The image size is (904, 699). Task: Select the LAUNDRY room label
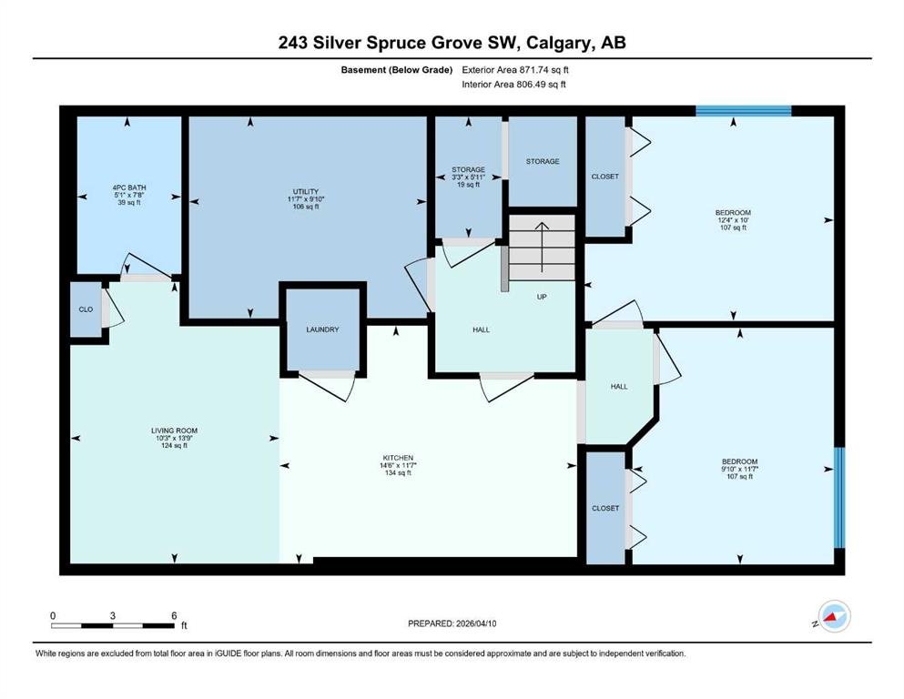(323, 329)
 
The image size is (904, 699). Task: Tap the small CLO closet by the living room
(86, 309)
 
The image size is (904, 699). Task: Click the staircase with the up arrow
(542, 248)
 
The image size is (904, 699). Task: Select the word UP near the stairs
(542, 297)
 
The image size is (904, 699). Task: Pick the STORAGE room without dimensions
(543, 161)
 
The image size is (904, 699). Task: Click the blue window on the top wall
(744, 111)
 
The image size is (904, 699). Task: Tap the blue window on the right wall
(839, 497)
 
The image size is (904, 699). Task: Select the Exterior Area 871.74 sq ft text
(515, 70)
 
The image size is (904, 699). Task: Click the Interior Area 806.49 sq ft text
(513, 84)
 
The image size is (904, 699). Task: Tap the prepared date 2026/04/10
(476, 623)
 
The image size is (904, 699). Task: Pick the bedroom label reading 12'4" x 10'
(734, 220)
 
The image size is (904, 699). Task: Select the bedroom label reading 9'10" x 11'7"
(740, 469)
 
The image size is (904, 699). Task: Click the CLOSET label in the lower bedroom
(605, 508)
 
